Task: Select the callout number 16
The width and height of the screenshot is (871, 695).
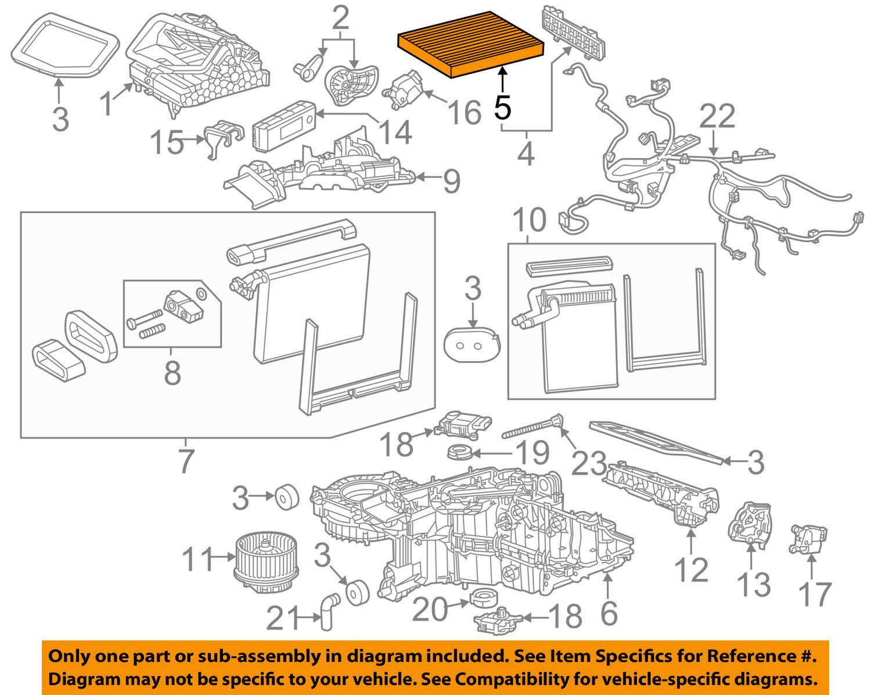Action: tap(465, 112)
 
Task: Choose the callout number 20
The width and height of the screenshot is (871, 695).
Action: tap(431, 610)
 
